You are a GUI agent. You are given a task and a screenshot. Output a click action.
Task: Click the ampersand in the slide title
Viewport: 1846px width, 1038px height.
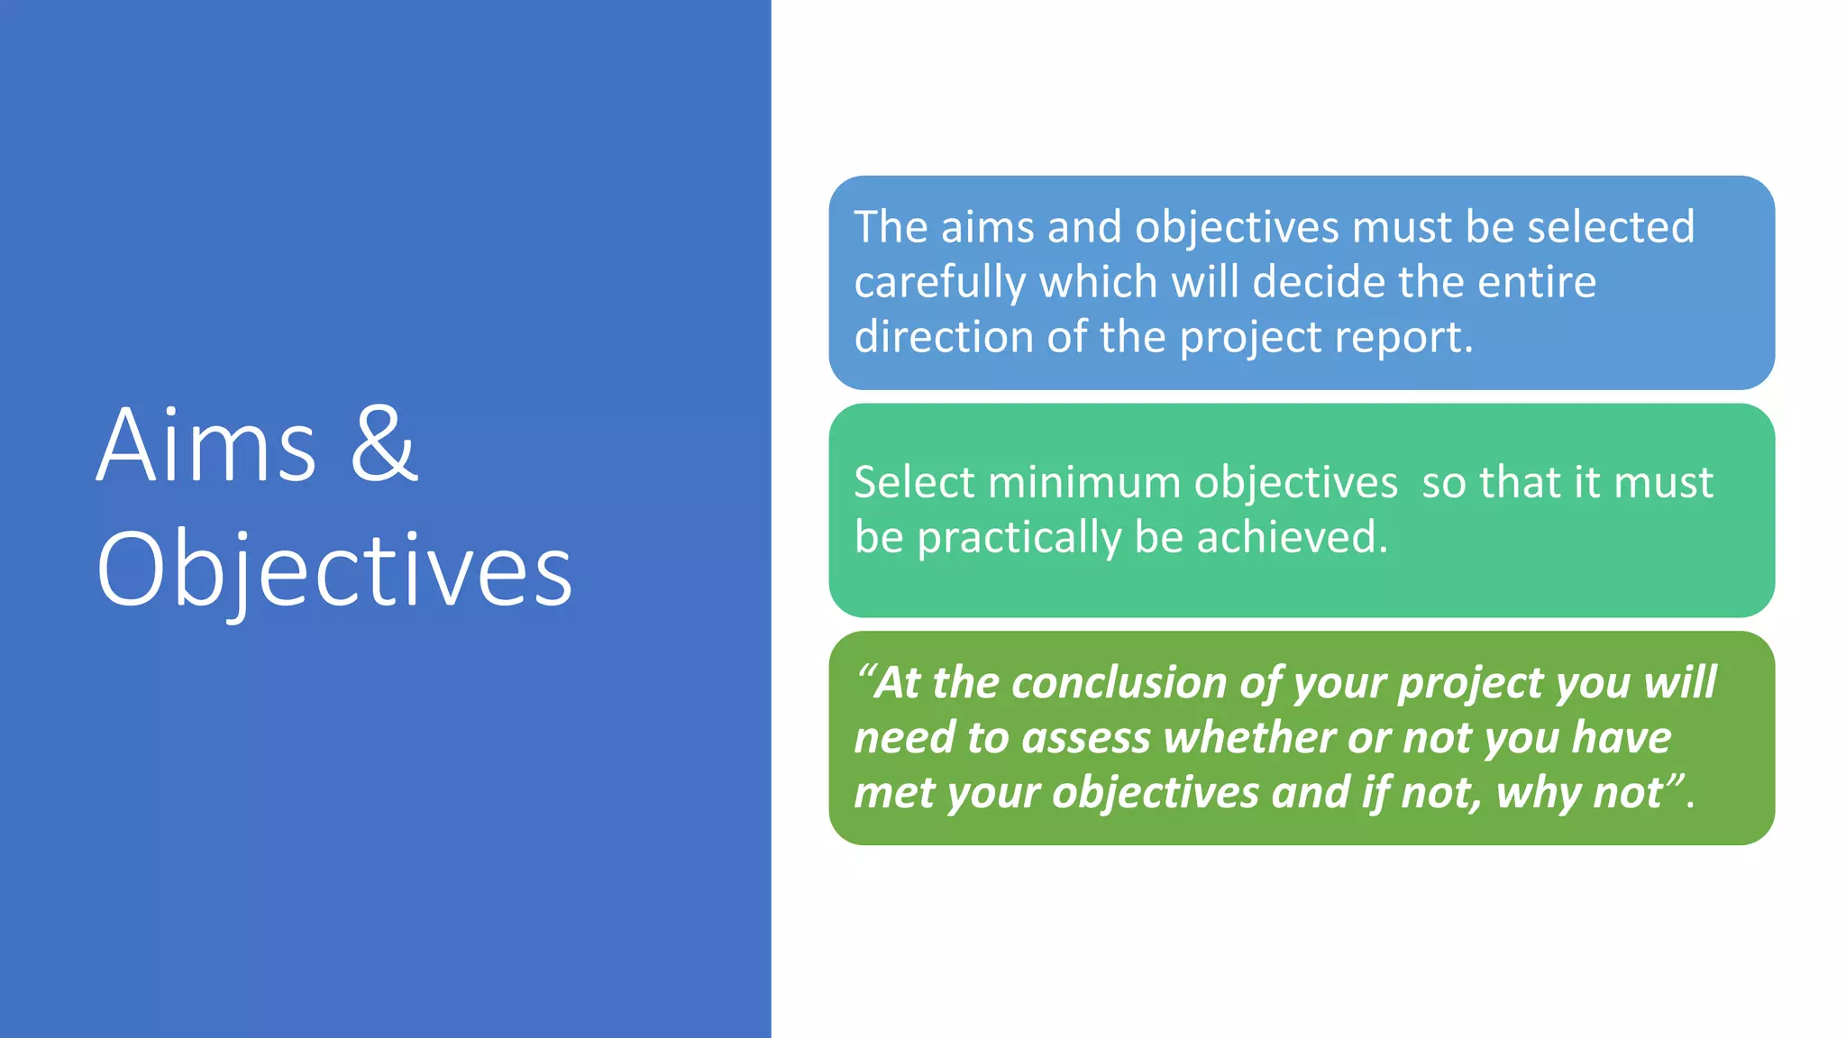point(384,444)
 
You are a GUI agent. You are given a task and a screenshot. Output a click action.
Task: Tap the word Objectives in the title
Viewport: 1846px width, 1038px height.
point(334,569)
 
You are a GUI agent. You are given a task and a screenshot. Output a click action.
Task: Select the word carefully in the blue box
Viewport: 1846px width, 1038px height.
point(940,283)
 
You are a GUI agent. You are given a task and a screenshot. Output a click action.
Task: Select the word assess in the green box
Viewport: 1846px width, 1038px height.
point(1086,739)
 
